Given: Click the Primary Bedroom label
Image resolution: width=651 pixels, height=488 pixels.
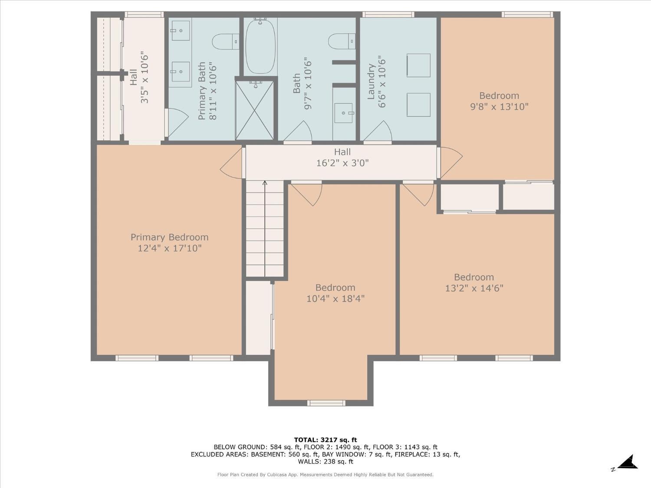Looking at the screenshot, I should (169, 237).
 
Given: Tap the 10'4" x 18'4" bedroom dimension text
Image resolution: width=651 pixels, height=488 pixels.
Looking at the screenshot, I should (335, 299).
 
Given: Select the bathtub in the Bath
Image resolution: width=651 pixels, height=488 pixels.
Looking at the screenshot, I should (260, 46).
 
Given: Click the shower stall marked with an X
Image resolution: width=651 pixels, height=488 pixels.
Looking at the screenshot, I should (255, 110).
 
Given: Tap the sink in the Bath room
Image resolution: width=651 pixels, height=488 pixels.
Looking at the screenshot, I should (345, 113).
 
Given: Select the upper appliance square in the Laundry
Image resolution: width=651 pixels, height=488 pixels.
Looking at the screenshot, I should (418, 66).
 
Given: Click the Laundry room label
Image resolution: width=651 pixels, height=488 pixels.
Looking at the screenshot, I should (371, 82).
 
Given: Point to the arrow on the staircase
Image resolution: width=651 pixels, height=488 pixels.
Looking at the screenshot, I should (265, 184).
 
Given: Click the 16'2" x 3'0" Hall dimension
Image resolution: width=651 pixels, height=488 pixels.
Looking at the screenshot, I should (342, 163).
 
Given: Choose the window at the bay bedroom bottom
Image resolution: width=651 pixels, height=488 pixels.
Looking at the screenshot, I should (326, 403).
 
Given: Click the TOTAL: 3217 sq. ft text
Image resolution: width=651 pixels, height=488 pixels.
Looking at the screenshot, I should (325, 440).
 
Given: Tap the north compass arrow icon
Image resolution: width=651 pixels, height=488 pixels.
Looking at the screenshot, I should (628, 462).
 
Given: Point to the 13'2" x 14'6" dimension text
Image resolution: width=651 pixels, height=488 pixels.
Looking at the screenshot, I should (474, 288).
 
